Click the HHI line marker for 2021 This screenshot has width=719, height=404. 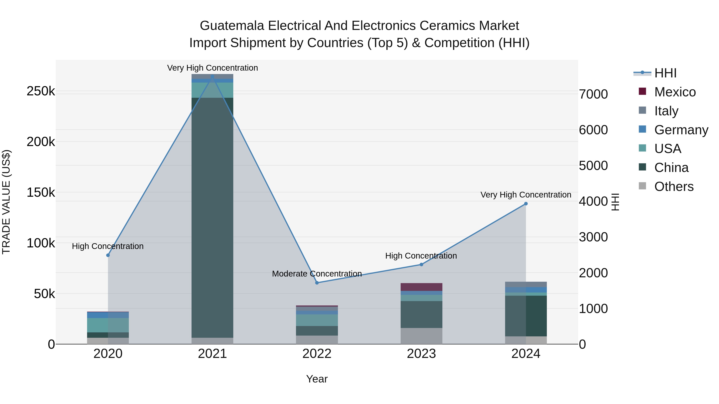click(x=213, y=76)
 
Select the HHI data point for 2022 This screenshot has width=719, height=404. click(x=317, y=283)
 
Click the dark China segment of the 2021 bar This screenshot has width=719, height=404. click(x=213, y=217)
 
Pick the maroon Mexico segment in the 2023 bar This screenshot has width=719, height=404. click(x=421, y=287)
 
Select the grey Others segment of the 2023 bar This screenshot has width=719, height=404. click(x=421, y=336)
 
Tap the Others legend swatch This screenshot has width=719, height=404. click(x=642, y=186)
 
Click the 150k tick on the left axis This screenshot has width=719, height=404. click(x=41, y=192)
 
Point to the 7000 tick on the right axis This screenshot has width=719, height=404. click(x=593, y=94)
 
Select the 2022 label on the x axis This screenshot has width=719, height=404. click(x=317, y=354)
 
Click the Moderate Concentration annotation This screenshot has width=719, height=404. click(x=317, y=274)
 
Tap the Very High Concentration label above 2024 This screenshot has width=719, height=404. click(x=526, y=195)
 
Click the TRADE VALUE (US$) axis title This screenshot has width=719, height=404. click(x=6, y=202)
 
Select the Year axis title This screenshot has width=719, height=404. click(x=317, y=379)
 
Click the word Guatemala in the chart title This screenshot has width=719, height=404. click(x=232, y=26)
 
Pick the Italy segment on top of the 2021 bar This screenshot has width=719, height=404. click(x=213, y=76)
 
